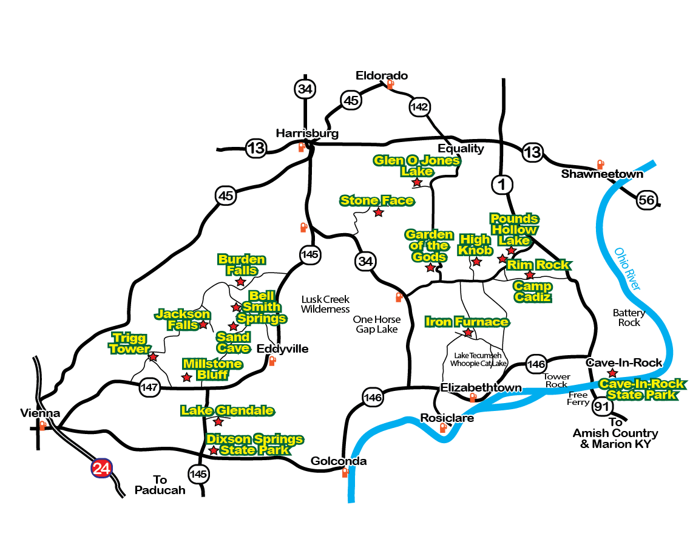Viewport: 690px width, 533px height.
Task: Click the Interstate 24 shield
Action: coord(101,468)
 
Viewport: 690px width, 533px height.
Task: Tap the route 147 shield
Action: coord(149,387)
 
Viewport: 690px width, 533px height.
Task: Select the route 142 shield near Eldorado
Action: coord(419,107)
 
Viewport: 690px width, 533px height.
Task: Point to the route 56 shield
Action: coord(647,200)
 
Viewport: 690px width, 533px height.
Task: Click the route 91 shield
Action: coord(601,406)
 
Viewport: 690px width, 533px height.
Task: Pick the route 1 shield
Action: coord(502,185)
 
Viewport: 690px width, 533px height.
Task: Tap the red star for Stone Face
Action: coord(379,212)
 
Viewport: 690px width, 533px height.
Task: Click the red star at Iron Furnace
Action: coord(468,333)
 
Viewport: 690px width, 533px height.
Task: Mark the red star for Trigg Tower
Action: coord(153,356)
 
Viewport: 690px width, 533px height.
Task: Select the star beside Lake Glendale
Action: coord(218,422)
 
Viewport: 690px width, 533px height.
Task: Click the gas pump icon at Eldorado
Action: coord(390,84)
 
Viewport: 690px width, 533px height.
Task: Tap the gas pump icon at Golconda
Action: coord(345,472)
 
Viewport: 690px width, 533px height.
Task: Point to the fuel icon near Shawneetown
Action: coord(600,164)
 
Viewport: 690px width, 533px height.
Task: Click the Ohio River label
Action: coord(627,269)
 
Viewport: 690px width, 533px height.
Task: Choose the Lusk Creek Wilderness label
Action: coord(325,304)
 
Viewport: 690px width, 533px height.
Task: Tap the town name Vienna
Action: coord(40,413)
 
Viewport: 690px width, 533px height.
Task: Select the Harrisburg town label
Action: coord(307,134)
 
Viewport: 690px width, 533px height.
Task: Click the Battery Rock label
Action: coord(629,317)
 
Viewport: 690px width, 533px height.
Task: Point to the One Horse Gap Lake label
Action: coord(377,324)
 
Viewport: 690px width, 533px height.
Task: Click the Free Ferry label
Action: coord(578,398)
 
